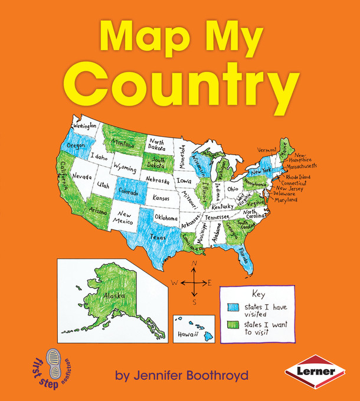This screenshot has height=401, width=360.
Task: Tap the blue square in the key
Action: (233, 307)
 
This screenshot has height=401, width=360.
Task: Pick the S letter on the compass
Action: (194, 302)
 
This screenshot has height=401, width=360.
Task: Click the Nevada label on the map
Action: (82, 176)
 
